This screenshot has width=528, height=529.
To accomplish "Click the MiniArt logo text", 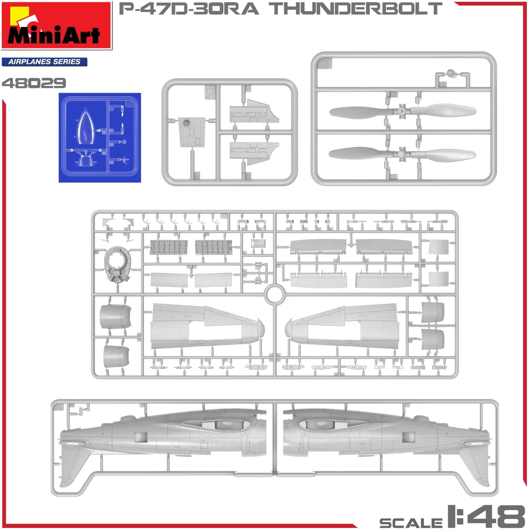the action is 54,35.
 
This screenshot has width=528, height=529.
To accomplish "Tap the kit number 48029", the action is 34,83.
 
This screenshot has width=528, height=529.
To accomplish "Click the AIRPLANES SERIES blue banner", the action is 44,62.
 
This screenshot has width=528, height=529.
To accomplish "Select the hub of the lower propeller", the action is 403,154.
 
